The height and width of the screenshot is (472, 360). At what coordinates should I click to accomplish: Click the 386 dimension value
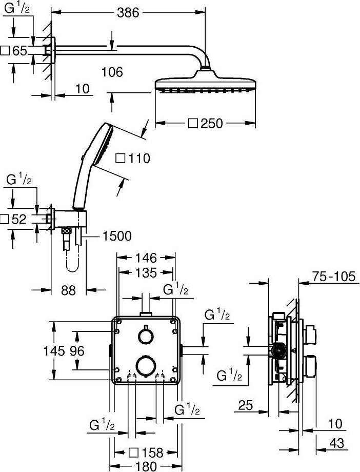(x=128, y=12)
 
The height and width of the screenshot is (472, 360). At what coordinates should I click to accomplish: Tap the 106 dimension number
(x=112, y=72)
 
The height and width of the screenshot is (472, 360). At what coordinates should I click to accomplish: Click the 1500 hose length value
(x=117, y=236)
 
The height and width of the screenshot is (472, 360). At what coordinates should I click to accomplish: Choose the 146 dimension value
(x=146, y=258)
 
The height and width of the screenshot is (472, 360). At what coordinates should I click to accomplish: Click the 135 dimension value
(x=146, y=273)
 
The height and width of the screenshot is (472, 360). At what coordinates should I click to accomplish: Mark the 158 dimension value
(x=152, y=453)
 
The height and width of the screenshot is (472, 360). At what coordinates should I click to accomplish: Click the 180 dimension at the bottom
(x=146, y=466)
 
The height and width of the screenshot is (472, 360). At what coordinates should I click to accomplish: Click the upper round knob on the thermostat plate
(x=145, y=336)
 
